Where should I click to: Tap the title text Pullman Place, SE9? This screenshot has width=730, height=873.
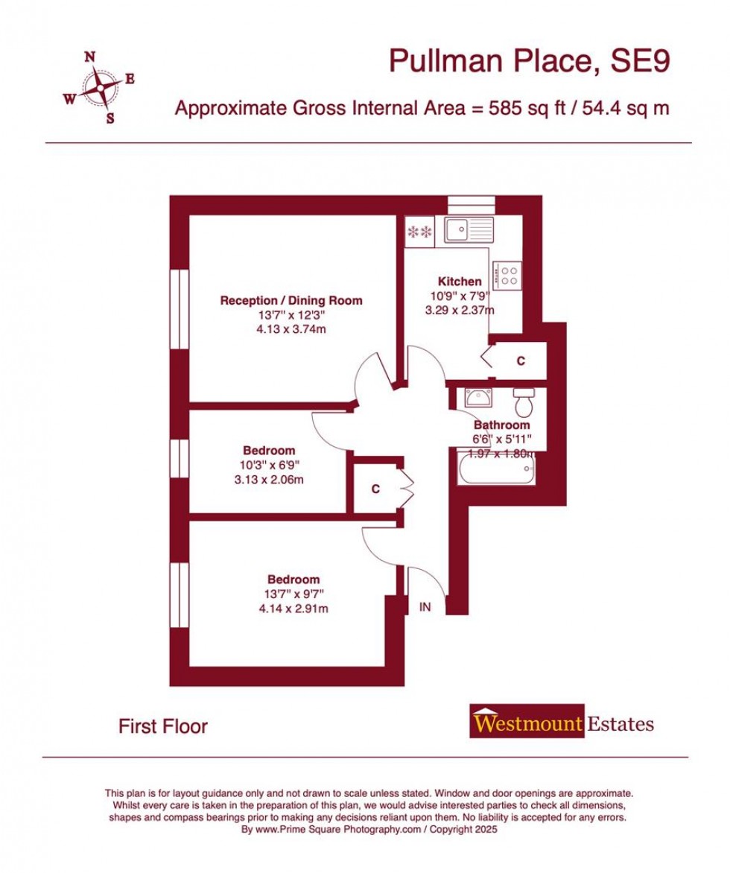[x=530, y=62]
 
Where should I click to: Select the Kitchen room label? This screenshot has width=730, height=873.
[x=460, y=282]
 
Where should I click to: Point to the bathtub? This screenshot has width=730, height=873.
[x=495, y=471]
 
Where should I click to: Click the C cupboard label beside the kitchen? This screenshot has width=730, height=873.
[x=521, y=361]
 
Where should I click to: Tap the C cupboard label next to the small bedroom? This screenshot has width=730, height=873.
[x=375, y=489]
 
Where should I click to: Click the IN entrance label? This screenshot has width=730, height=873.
[x=425, y=607]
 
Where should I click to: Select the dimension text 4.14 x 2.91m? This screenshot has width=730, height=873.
[x=293, y=609]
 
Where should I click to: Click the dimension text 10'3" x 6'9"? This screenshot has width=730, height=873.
[x=269, y=466]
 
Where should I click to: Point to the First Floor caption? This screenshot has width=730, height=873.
[x=163, y=726]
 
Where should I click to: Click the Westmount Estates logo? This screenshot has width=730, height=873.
[x=562, y=723]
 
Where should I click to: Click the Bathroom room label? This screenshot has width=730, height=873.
[x=502, y=425]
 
